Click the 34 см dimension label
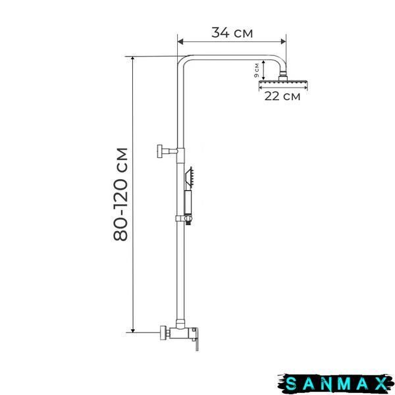[232, 33]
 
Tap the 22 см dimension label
[282, 96]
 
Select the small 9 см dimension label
[257, 70]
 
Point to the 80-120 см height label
[120, 194]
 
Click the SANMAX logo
[336, 384]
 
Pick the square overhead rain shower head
[283, 82]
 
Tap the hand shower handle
[188, 202]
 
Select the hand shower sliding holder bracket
[184, 219]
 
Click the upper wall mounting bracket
[167, 151]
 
